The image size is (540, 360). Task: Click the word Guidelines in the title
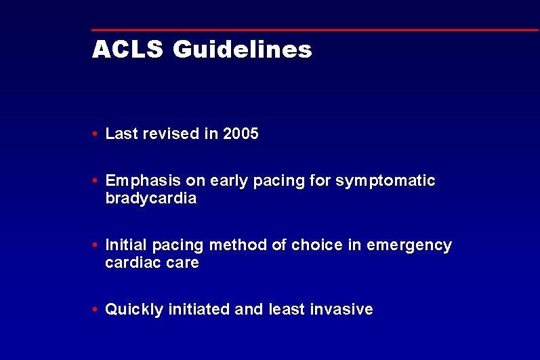[x=243, y=49]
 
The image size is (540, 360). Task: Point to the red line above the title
[x=315, y=30]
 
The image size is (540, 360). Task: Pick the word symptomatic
[x=386, y=182]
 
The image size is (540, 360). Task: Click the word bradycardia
[x=151, y=199]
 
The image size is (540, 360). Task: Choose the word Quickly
[x=134, y=310]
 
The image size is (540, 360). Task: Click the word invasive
[x=341, y=310]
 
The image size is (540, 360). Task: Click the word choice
[x=317, y=245]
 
